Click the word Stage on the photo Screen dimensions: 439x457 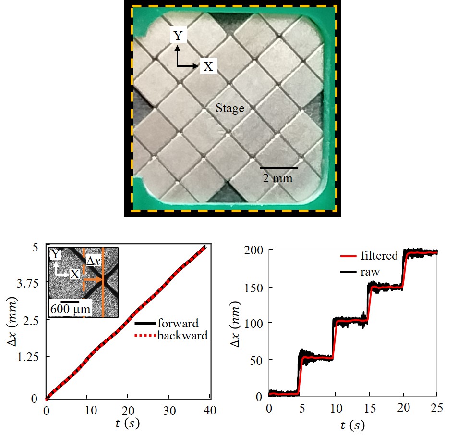230,109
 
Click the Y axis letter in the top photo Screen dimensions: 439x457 178,36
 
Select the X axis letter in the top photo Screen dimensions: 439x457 207,66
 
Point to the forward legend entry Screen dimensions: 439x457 178,323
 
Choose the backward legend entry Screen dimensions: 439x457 182,336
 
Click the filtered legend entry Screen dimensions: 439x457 377,256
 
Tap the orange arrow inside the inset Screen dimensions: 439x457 93,279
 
